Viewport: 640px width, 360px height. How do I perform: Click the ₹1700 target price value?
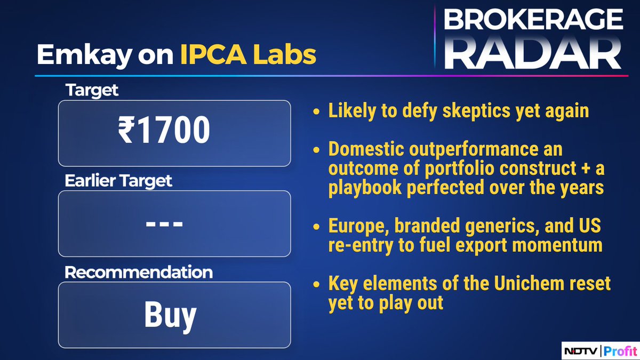164,132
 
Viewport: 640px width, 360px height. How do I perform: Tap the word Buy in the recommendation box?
170,315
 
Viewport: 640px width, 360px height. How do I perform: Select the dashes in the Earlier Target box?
164,224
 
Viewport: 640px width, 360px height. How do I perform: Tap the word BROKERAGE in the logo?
533,20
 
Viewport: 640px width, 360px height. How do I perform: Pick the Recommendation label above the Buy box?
139,272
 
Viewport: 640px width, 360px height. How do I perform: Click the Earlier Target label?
118,181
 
